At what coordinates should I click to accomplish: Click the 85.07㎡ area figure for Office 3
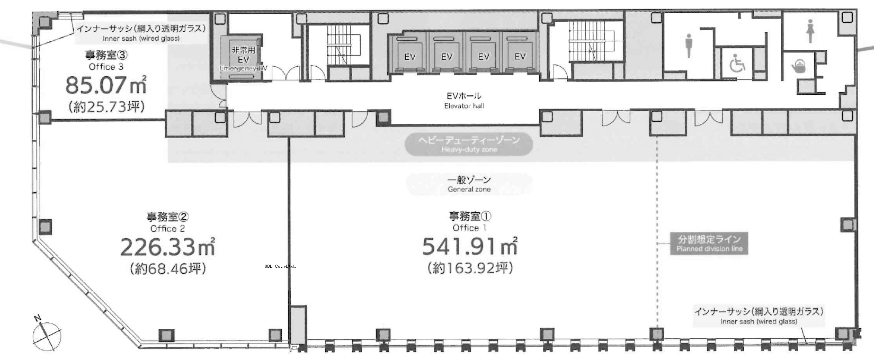(x=106, y=85)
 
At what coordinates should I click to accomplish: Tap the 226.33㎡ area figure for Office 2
(x=167, y=247)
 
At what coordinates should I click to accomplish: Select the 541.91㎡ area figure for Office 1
(x=470, y=246)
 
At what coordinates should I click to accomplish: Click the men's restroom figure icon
(x=689, y=45)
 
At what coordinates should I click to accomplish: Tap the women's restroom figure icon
(x=810, y=31)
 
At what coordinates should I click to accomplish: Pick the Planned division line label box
(x=709, y=244)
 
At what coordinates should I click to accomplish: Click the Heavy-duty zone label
(x=469, y=145)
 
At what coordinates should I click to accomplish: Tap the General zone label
(x=469, y=184)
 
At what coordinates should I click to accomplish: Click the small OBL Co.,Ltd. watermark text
(x=280, y=266)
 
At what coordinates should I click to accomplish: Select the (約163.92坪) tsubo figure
(x=470, y=268)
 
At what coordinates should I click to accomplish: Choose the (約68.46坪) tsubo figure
(x=168, y=269)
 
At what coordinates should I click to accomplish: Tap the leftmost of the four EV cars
(x=409, y=53)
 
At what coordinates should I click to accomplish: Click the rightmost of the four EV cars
(x=520, y=53)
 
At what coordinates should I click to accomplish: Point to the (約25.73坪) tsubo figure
(x=106, y=106)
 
